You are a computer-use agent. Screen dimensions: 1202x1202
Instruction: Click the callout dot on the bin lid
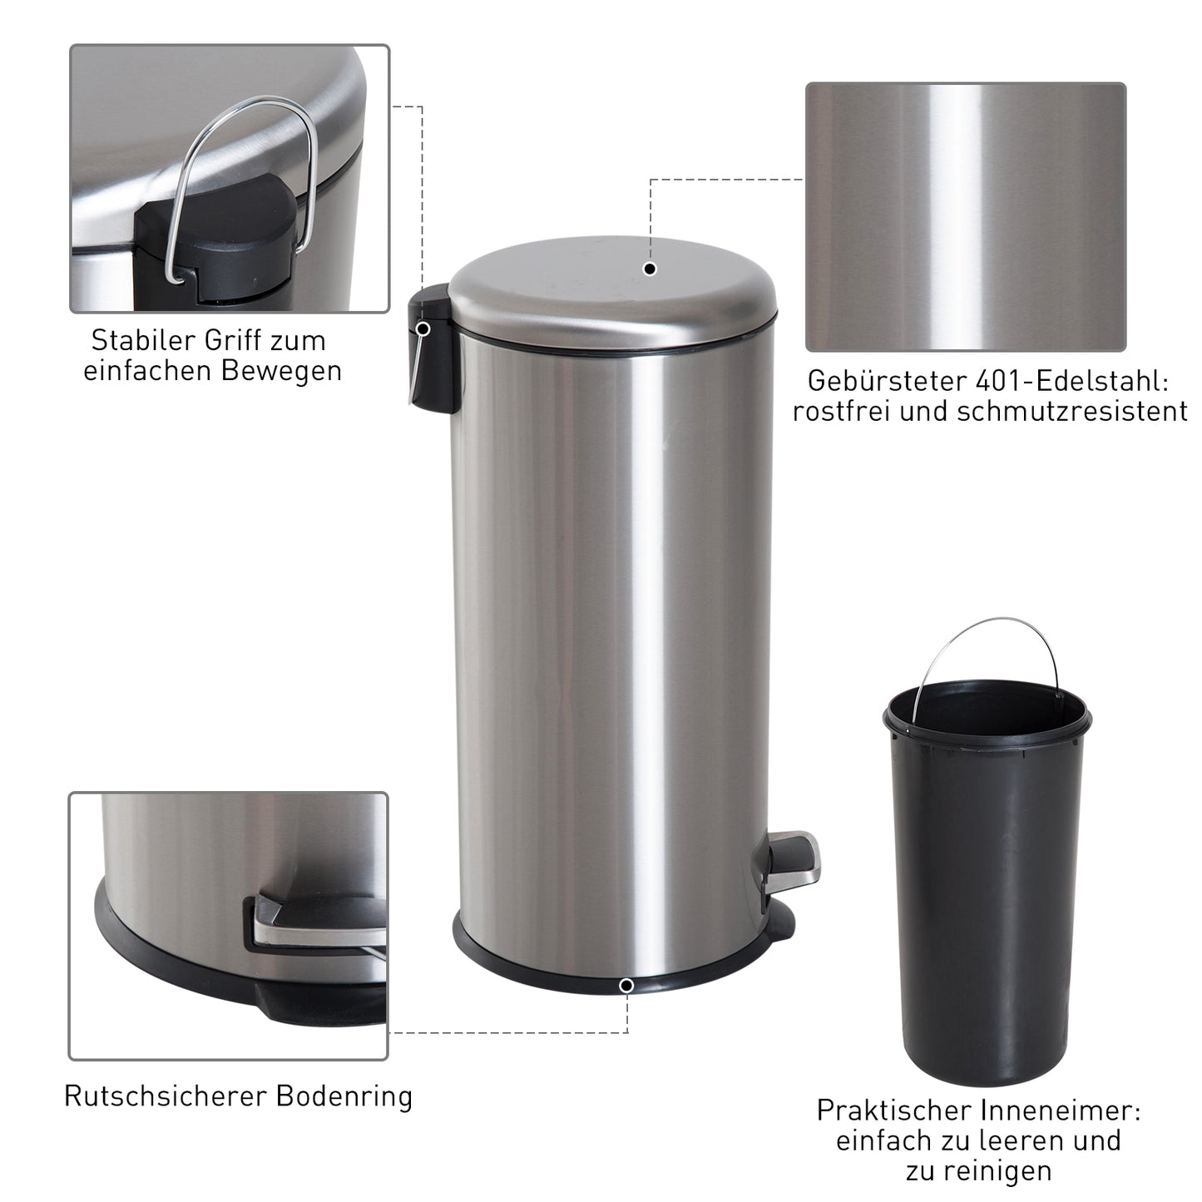click(650, 269)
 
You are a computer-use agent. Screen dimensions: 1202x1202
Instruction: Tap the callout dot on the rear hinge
click(423, 329)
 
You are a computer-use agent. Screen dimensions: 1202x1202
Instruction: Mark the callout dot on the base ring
click(626, 986)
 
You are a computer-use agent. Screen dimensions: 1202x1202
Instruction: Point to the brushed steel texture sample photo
click(965, 216)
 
